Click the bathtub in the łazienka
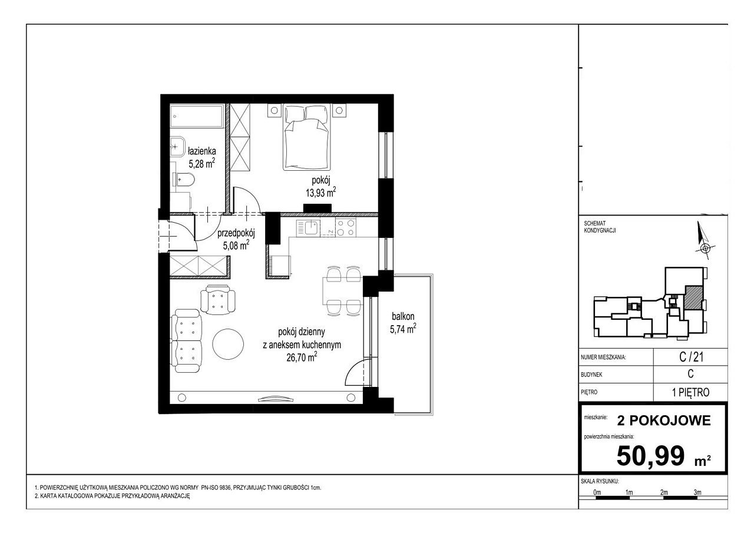click(x=197, y=116)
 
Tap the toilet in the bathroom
click(x=184, y=180)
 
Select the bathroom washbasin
click(x=177, y=147)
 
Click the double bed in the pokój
click(x=306, y=137)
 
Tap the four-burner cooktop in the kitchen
click(x=346, y=227)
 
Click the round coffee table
click(x=228, y=345)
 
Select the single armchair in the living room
click(x=218, y=299)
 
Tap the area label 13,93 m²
click(x=321, y=193)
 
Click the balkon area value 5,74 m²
click(x=403, y=329)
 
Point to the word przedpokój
click(x=236, y=233)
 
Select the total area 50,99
click(x=651, y=456)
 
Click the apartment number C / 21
click(x=692, y=357)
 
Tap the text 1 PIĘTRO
click(x=691, y=392)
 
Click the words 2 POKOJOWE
click(x=664, y=421)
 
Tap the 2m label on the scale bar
click(x=664, y=492)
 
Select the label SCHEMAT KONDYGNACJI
click(x=600, y=227)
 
